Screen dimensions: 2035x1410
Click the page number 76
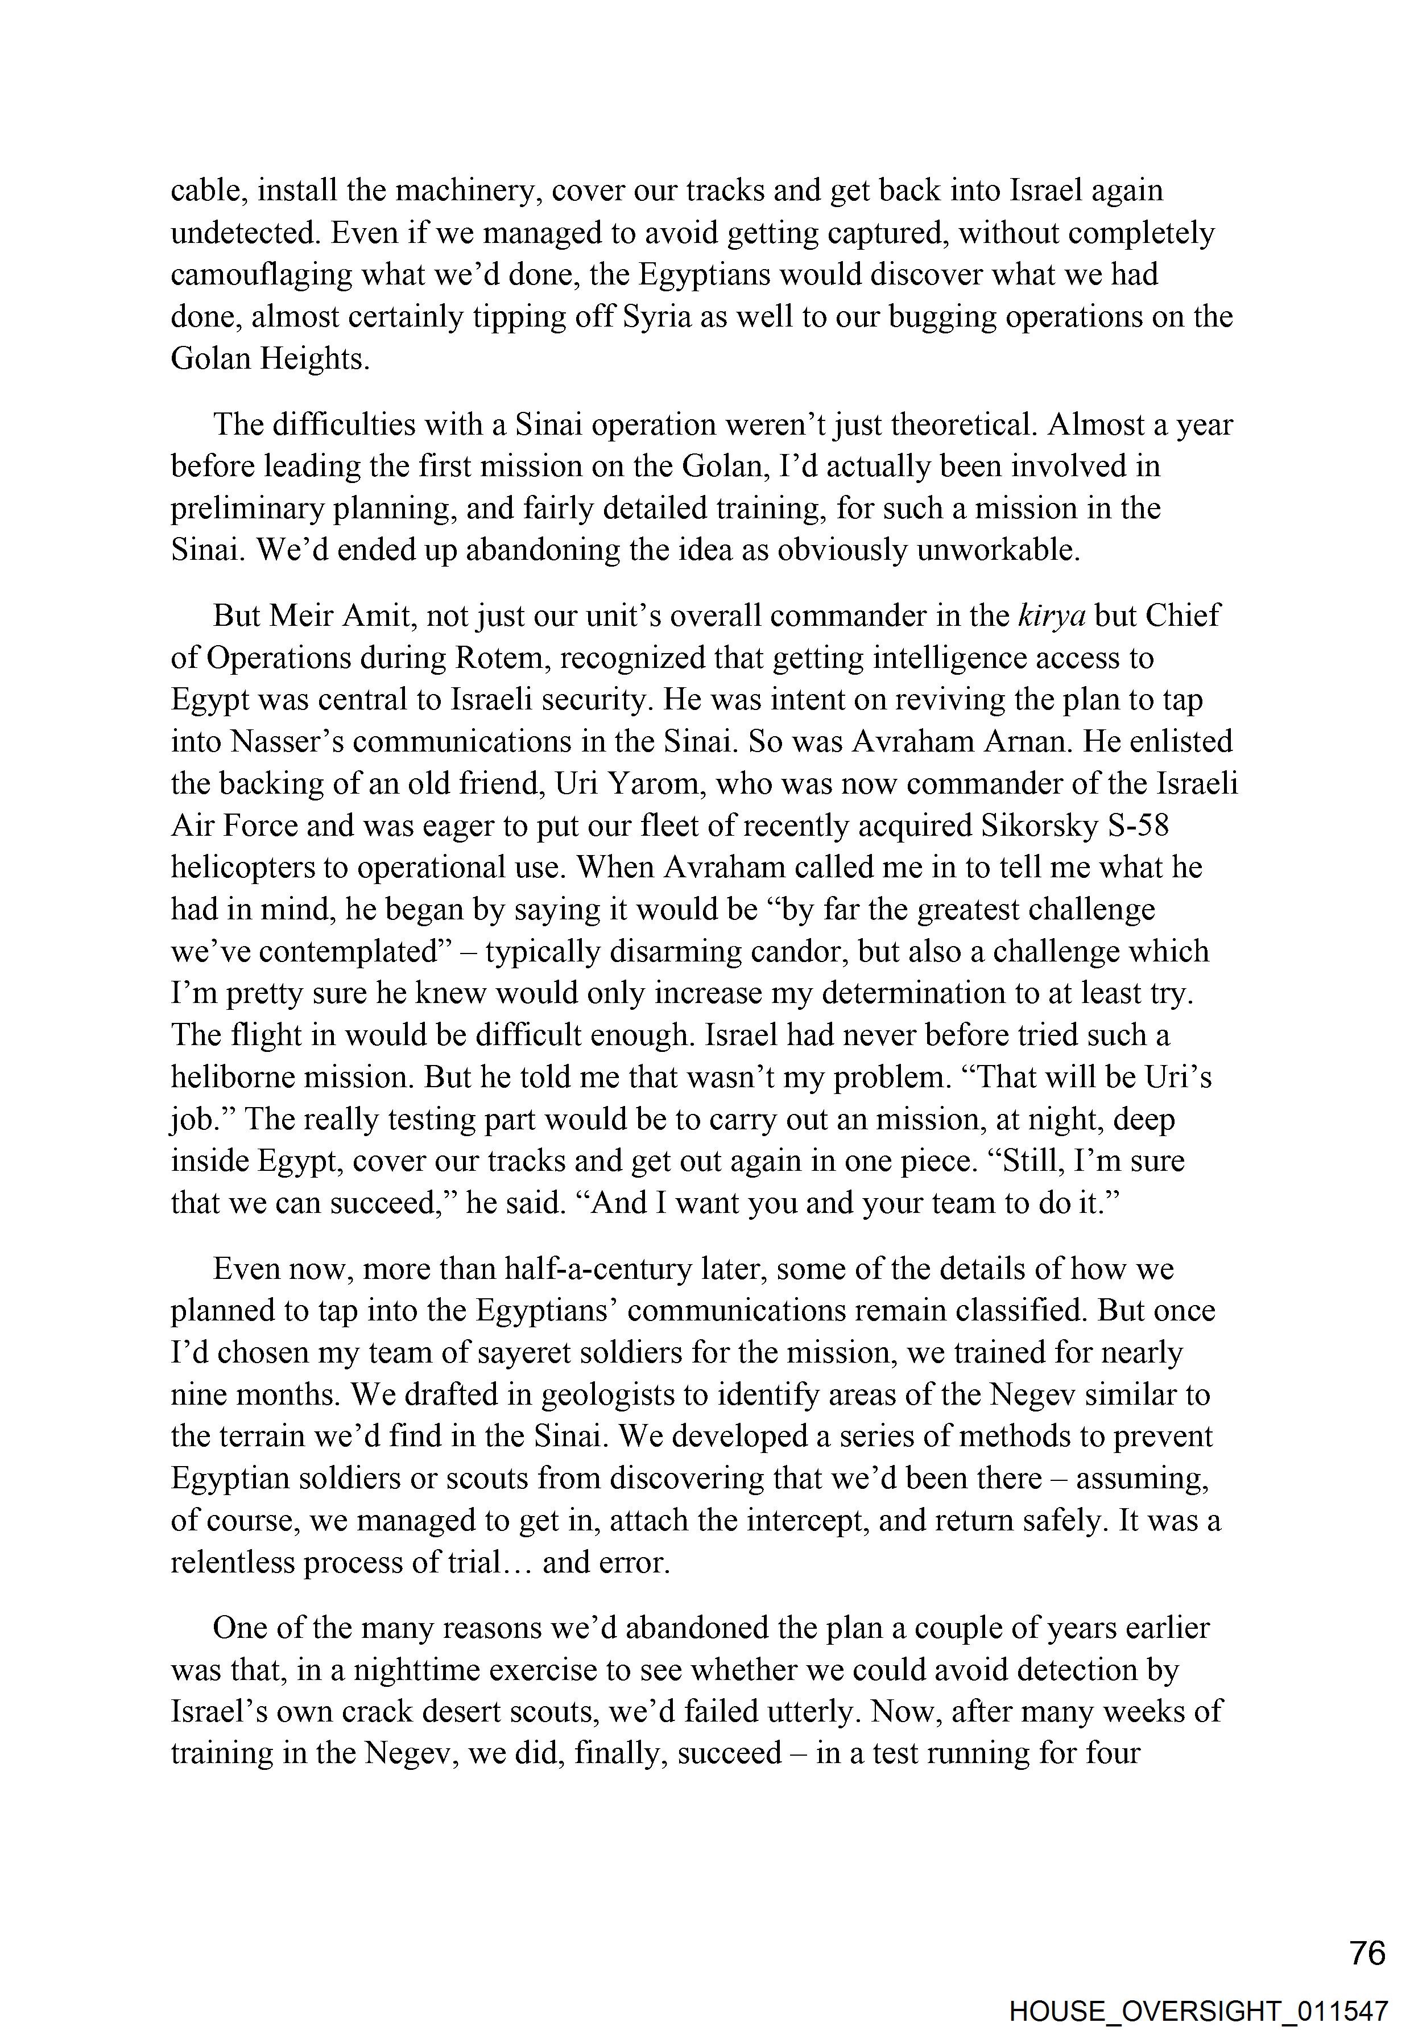tap(1367, 1953)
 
